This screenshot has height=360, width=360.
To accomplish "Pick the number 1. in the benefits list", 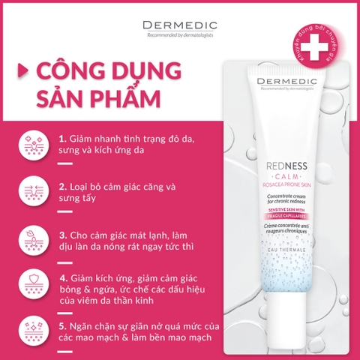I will click(x=62, y=139).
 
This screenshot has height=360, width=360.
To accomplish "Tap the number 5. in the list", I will click(x=63, y=327).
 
